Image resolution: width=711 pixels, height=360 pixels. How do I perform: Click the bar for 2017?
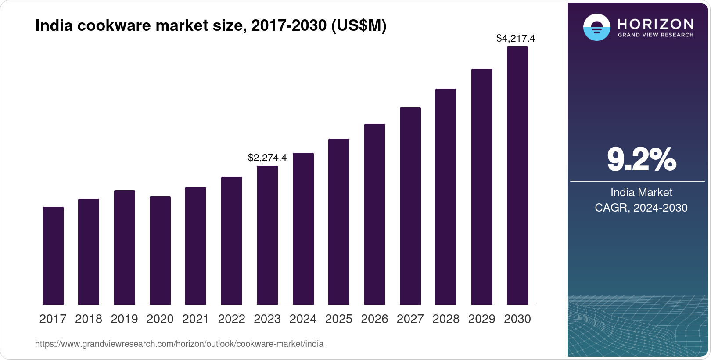53,256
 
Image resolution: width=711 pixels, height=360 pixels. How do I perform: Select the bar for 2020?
160,250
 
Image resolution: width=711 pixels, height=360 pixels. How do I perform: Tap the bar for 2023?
267,235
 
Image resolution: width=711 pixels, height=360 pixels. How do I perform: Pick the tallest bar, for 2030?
517,176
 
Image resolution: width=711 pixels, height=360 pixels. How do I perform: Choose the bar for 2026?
374,214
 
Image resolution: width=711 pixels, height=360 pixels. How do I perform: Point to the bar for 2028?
446,197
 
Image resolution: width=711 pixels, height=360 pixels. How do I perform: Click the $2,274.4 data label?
267,158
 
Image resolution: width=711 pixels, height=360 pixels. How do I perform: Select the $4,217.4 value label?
516,39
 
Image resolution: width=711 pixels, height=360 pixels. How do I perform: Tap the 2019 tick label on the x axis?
124,319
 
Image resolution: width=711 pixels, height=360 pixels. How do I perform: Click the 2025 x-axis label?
339,319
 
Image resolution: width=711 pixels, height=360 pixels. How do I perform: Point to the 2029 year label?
481,319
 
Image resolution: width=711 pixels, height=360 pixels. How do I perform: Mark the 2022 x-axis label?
231,319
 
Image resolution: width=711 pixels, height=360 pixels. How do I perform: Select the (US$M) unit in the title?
359,25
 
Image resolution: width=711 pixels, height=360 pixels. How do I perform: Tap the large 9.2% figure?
641,159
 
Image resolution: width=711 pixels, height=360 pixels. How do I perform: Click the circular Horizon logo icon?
596,27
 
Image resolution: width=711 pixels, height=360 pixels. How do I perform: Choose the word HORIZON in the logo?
655,24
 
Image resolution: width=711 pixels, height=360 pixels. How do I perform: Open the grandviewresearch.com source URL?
179,344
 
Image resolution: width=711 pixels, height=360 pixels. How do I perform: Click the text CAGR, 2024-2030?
641,208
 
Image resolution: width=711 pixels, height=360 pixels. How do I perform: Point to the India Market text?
641,192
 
